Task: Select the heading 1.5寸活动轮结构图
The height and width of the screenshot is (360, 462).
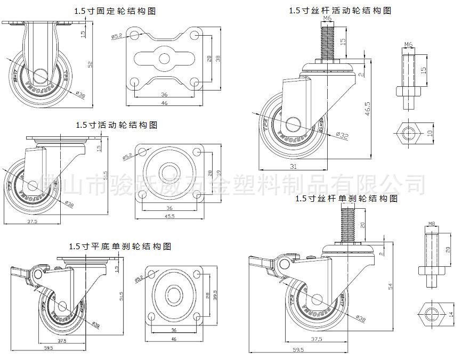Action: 116,125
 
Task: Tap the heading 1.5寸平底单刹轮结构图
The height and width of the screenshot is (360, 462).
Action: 120,247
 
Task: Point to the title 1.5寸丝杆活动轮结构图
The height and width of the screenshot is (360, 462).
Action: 340,11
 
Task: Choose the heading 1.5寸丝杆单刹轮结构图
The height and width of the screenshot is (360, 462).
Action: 346,199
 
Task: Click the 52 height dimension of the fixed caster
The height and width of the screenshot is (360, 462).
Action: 91,64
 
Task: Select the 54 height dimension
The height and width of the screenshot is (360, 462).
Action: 391,286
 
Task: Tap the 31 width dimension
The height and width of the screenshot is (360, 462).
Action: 294,167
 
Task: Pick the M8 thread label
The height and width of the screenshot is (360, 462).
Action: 432,224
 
